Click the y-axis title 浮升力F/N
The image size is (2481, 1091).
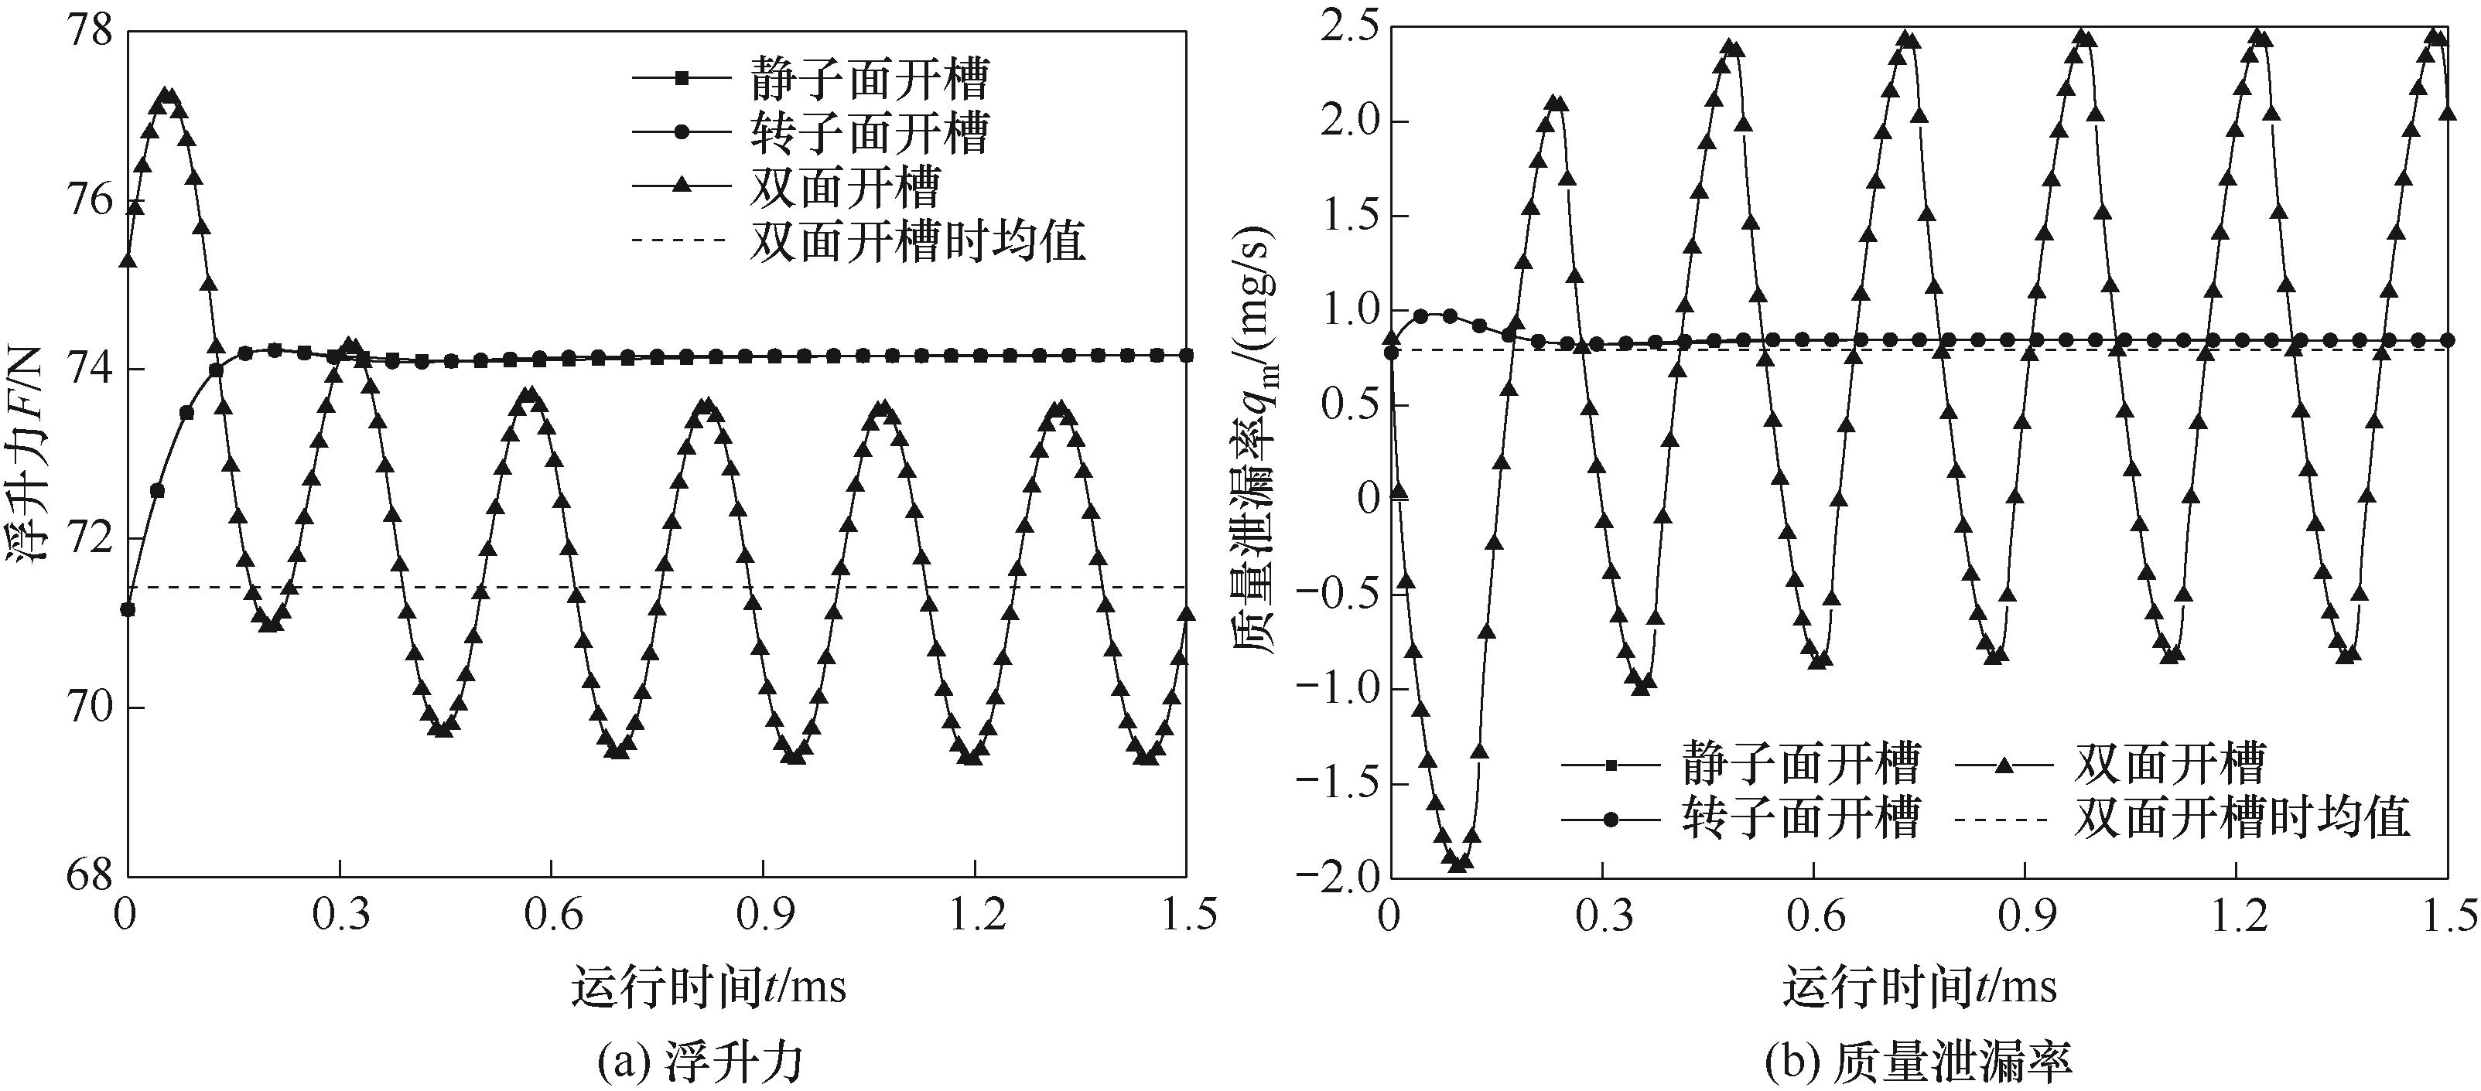pyautogui.click(x=29, y=452)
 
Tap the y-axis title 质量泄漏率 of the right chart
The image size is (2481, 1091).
pyautogui.click(x=1257, y=452)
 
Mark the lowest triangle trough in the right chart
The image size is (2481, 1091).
pyautogui.click(x=1459, y=863)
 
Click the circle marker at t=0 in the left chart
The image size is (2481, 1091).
pyautogui.click(x=127, y=609)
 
